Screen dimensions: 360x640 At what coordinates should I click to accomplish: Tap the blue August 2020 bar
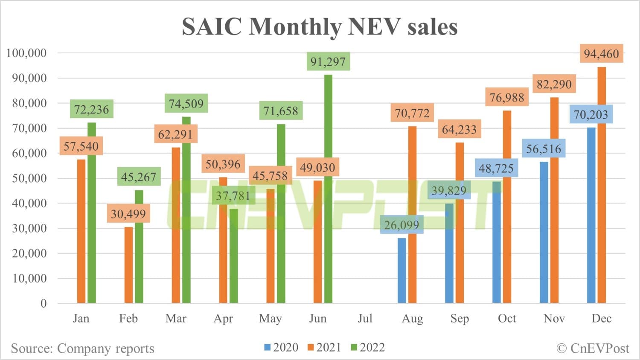(x=402, y=271)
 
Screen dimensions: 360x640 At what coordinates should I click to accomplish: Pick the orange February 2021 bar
(x=128, y=265)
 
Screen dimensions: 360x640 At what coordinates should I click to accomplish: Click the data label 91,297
(x=328, y=62)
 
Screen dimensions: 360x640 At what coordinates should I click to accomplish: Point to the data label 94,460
(x=601, y=54)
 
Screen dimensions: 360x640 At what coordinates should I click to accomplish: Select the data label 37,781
(x=233, y=196)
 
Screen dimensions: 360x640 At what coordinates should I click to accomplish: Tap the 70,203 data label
(x=591, y=114)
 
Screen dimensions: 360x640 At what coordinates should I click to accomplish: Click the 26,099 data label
(x=401, y=225)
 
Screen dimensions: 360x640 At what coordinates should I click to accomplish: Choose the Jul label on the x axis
(x=365, y=319)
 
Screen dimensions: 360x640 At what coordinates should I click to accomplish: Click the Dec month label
(x=602, y=319)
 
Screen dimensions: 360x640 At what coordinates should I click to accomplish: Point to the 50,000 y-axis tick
(x=29, y=178)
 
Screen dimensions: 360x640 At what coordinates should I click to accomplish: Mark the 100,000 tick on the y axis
(x=26, y=53)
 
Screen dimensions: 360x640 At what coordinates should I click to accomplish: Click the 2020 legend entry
(x=282, y=348)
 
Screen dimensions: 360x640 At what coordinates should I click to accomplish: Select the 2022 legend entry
(x=368, y=348)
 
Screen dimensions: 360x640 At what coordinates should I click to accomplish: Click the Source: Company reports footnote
(x=82, y=348)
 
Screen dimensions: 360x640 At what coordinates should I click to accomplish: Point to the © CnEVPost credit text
(x=593, y=348)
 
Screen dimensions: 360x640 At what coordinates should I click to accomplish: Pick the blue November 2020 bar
(x=544, y=232)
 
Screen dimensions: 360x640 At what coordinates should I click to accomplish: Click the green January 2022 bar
(x=92, y=213)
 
